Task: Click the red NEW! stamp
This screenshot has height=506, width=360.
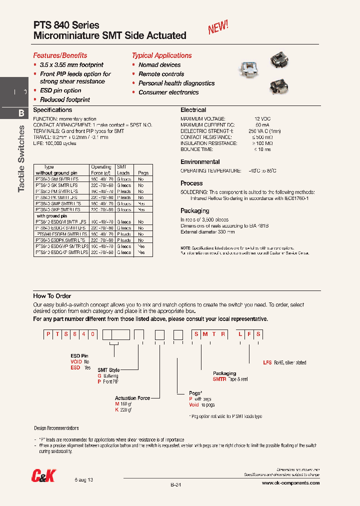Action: click(218, 27)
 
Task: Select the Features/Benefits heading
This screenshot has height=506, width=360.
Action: click(60, 55)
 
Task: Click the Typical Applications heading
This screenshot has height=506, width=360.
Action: click(161, 55)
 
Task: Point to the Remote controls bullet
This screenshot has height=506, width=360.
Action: click(161, 74)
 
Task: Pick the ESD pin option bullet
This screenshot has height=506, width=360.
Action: click(60, 90)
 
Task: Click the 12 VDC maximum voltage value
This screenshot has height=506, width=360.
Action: click(262, 118)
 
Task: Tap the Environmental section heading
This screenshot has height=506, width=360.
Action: click(200, 162)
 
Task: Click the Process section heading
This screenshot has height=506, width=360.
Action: click(191, 183)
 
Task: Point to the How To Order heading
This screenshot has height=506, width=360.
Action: click(52, 296)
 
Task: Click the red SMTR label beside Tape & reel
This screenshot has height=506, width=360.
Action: click(219, 379)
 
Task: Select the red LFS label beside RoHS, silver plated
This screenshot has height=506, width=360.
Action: click(267, 362)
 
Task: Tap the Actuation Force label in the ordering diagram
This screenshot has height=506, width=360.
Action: click(132, 398)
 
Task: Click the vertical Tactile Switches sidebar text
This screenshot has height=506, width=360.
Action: click(21, 158)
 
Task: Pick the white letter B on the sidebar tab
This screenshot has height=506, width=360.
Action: click(21, 113)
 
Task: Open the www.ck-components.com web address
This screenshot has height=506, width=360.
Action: click(290, 483)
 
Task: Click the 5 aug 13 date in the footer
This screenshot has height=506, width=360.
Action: click(84, 479)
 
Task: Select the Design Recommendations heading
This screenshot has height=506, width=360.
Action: click(56, 428)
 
